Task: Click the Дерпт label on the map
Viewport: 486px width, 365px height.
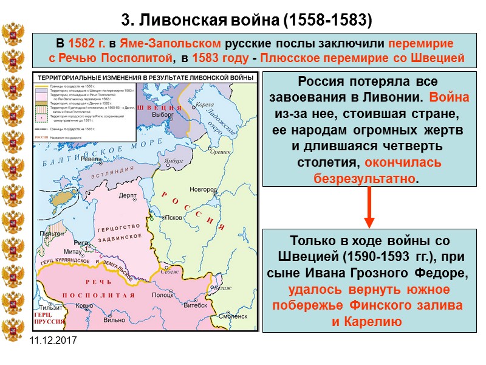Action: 128,195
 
